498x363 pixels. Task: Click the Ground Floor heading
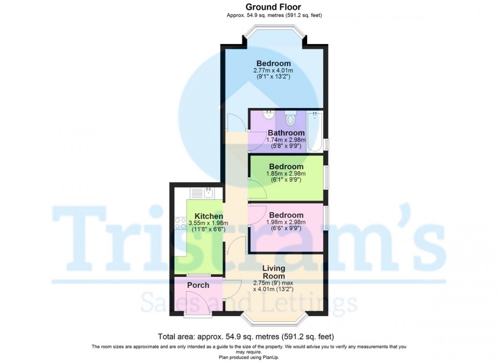click(273, 7)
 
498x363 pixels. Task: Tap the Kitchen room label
click(209, 216)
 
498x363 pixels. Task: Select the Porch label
click(198, 285)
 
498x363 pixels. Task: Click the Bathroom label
click(286, 133)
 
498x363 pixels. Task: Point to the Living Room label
click(273, 272)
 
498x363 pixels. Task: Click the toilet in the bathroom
click(291, 118)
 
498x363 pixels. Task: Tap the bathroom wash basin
click(268, 116)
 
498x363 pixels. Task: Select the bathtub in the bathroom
click(315, 131)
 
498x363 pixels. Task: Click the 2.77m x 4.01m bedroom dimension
click(273, 71)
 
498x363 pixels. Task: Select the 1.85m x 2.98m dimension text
click(286, 174)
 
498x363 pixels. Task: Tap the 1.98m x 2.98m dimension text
click(286, 222)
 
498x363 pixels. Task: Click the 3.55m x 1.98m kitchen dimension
click(209, 224)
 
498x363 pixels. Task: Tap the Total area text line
click(246, 337)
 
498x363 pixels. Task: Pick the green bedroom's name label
click(286, 167)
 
